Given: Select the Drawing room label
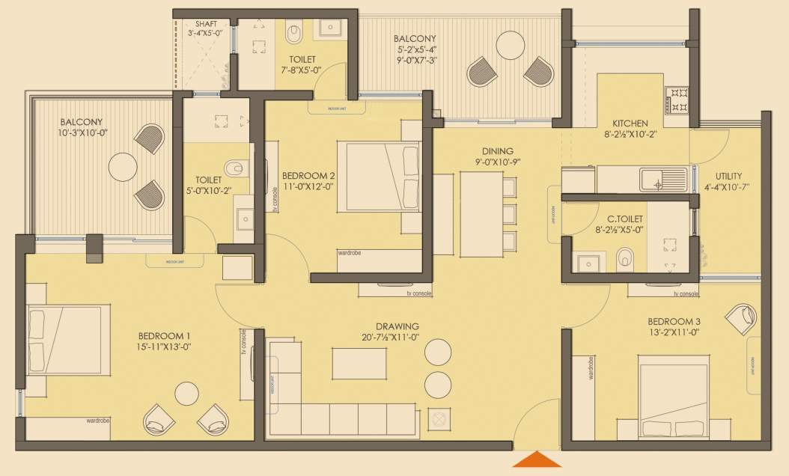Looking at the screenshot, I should [x=397, y=326].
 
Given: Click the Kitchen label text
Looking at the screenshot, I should [x=630, y=123].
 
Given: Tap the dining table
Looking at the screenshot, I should [x=481, y=214].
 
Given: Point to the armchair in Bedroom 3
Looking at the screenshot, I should [x=743, y=319].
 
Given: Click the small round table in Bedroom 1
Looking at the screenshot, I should [x=186, y=394].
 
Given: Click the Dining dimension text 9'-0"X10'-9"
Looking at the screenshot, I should [x=496, y=162].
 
